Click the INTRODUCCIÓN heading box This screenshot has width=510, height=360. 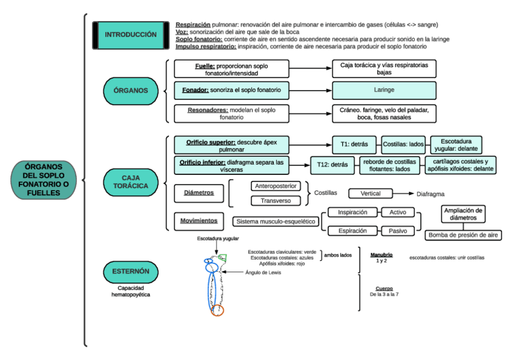[130, 35]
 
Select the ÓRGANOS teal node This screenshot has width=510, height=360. [131, 91]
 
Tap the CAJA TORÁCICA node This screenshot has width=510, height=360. [131, 182]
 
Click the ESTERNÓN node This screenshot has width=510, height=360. [131, 272]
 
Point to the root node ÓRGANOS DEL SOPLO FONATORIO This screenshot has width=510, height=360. [43, 180]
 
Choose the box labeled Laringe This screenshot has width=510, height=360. [384, 90]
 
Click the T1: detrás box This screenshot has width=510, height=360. [349, 144]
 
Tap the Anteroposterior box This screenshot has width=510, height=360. [276, 186]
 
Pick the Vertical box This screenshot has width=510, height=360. [370, 194]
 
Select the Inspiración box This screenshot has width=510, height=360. [352, 212]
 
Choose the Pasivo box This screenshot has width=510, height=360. [398, 231]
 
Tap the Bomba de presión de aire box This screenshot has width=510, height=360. [463, 235]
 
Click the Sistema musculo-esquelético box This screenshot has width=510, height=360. [276, 221]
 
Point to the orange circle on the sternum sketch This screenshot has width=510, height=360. [218, 310]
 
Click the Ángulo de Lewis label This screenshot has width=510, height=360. [263, 272]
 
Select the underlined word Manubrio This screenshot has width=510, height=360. [381, 255]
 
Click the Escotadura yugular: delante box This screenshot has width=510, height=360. [456, 144]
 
